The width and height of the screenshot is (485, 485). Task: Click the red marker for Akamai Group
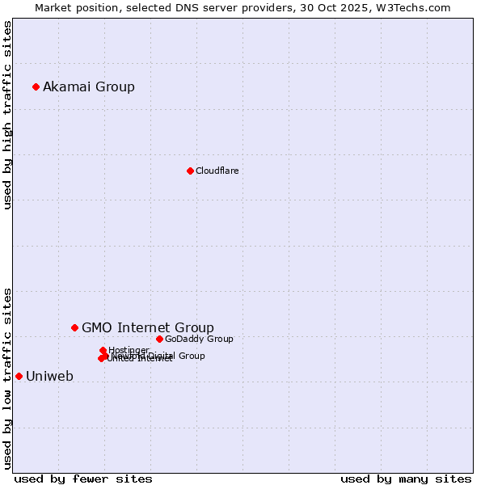click(36, 86)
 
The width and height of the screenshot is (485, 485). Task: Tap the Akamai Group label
click(89, 86)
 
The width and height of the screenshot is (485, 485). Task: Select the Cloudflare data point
click(190, 171)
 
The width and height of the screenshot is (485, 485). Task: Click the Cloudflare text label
click(217, 171)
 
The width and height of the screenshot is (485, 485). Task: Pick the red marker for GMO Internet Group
click(74, 327)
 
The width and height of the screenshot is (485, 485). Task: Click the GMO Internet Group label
click(148, 327)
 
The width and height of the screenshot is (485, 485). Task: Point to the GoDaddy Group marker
click(159, 339)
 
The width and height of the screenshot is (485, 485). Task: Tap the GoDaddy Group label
click(199, 339)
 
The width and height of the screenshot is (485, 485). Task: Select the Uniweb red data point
click(19, 376)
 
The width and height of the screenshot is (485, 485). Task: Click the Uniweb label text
click(49, 376)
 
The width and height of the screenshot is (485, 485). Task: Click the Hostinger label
click(129, 350)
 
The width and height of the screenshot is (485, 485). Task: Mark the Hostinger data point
click(103, 350)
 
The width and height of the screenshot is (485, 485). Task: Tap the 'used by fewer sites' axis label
click(83, 479)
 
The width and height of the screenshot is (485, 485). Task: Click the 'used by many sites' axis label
click(406, 479)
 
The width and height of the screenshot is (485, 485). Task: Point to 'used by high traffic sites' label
click(7, 115)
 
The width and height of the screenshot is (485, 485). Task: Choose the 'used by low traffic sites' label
click(7, 377)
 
